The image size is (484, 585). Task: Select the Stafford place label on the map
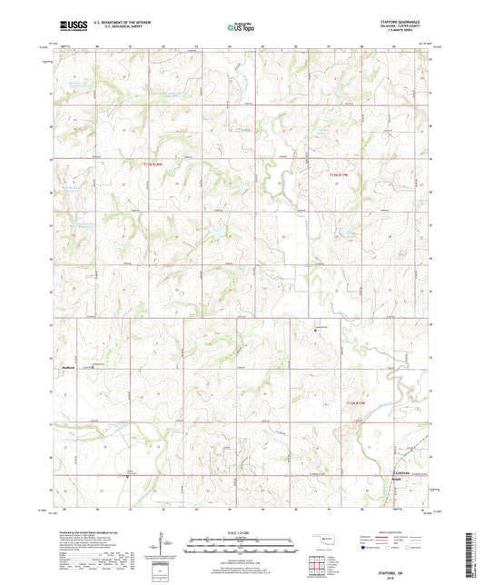pos(67,367)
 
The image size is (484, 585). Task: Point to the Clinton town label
pos(403,473)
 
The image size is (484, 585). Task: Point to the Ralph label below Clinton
pos(397,479)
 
